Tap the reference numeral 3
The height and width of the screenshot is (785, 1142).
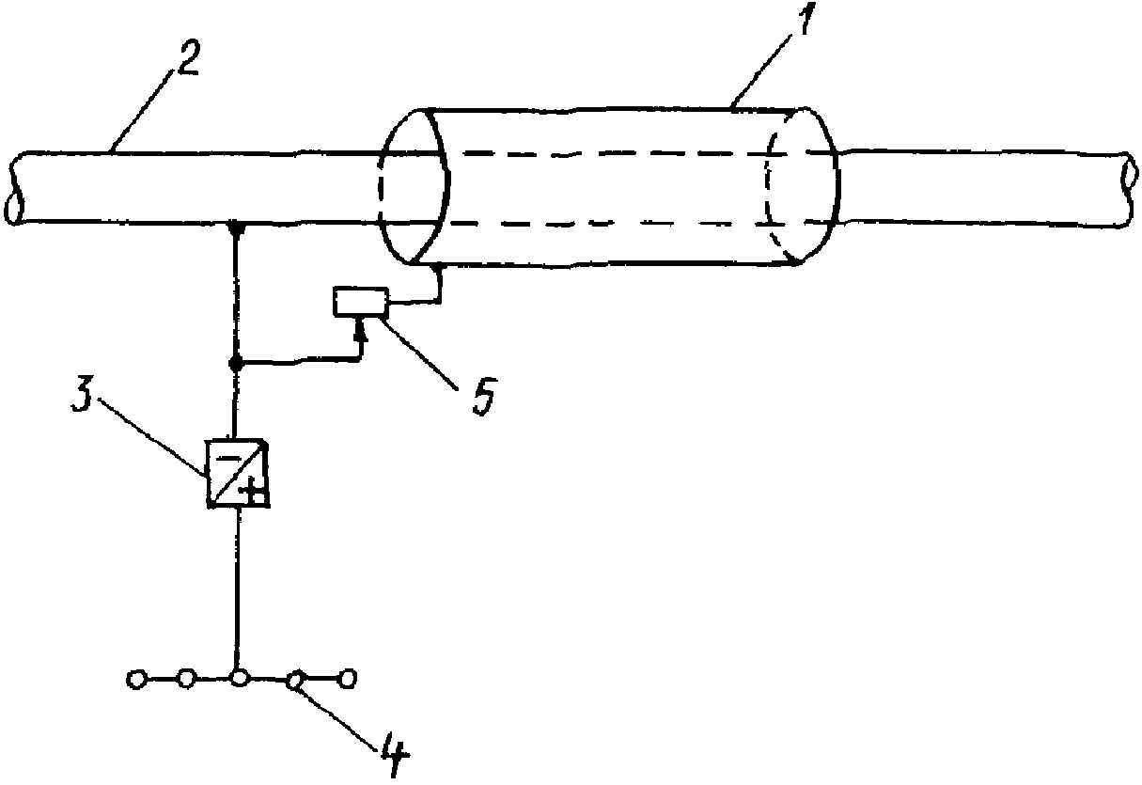point(82,396)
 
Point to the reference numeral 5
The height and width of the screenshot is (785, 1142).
point(484,396)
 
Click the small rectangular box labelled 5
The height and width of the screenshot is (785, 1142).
point(360,302)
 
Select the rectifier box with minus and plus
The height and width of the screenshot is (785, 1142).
point(237,472)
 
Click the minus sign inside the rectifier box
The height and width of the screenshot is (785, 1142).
point(228,458)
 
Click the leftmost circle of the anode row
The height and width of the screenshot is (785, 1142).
point(136,680)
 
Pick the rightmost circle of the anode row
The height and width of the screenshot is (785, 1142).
point(348,679)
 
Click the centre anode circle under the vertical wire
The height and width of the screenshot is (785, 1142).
point(239,679)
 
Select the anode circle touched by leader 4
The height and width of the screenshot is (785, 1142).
point(296,680)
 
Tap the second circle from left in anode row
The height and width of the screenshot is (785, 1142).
point(187,679)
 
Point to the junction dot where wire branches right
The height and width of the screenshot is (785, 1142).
point(235,364)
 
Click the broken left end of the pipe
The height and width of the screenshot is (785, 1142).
point(14,188)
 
